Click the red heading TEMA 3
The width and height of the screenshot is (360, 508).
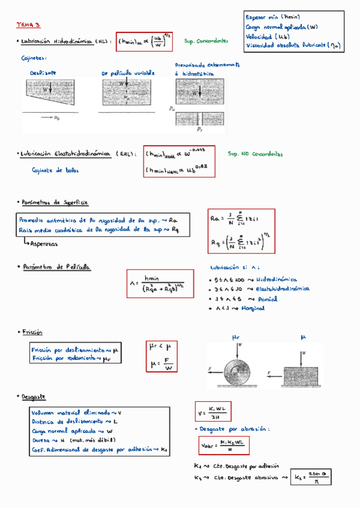point(28,25)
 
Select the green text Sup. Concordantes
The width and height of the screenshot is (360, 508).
point(206,41)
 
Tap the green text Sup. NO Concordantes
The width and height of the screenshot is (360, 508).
point(255,154)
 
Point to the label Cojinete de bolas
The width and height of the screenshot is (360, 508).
point(56,170)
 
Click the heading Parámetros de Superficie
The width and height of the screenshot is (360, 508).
point(55,202)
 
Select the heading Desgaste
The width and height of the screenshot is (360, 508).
point(34,397)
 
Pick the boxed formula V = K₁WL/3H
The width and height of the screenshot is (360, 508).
point(213,412)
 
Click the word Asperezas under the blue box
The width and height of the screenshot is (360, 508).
point(44,244)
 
